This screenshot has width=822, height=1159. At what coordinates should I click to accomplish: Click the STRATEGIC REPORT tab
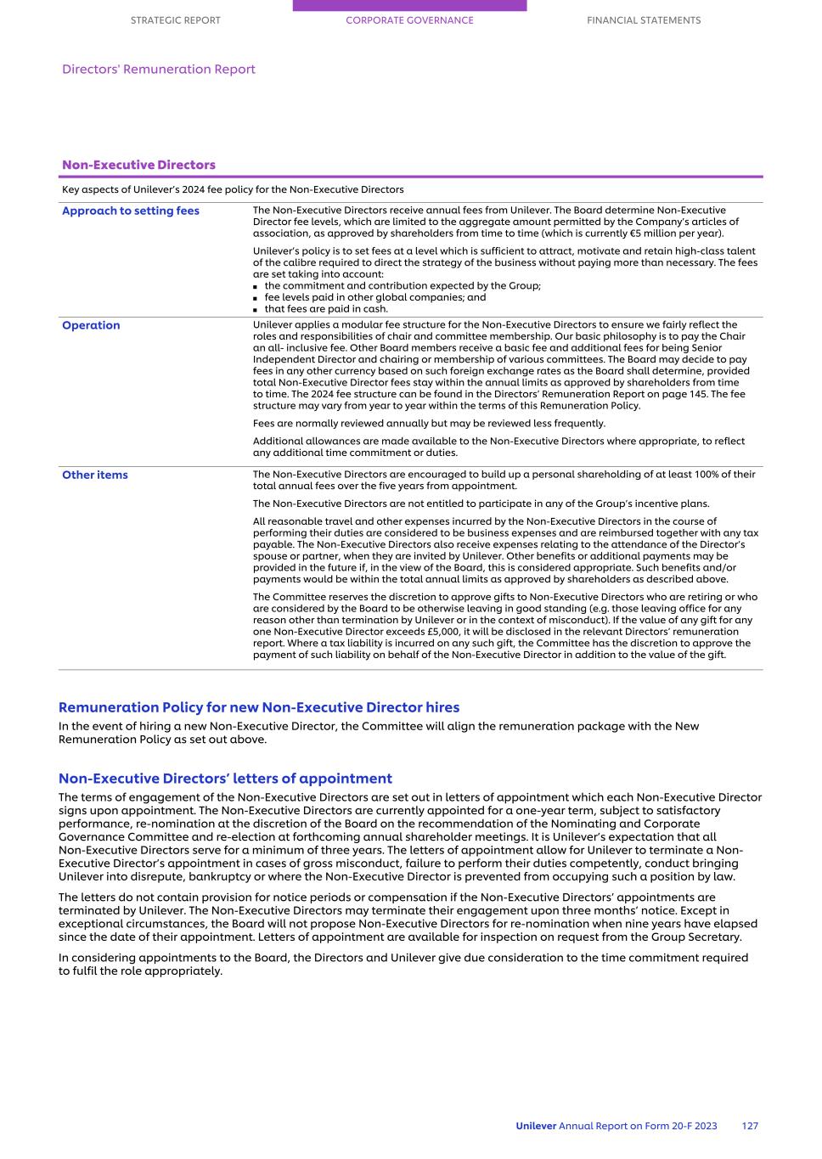175,20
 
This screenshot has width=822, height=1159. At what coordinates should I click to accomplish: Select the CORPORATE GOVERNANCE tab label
409,20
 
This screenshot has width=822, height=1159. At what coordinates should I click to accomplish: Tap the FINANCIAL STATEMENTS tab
644,20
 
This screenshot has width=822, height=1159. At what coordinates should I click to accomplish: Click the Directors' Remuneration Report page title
158,70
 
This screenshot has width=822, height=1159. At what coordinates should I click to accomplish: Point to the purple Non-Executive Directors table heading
138,165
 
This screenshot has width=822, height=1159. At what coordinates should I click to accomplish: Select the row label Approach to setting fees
131,211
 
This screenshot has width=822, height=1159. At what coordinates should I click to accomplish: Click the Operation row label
91,325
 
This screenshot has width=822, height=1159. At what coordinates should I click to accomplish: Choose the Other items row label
95,475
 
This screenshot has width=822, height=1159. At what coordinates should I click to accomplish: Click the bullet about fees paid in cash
326,309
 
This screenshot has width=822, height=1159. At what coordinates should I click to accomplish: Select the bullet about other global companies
375,297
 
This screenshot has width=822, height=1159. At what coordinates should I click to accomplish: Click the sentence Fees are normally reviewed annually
429,423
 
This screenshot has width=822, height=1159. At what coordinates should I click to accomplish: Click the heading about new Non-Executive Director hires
259,707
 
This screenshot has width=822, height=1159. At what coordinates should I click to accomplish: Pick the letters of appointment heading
225,779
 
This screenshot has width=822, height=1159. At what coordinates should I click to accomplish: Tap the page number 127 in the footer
750,1126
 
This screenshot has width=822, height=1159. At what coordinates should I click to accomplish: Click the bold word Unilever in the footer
536,1126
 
